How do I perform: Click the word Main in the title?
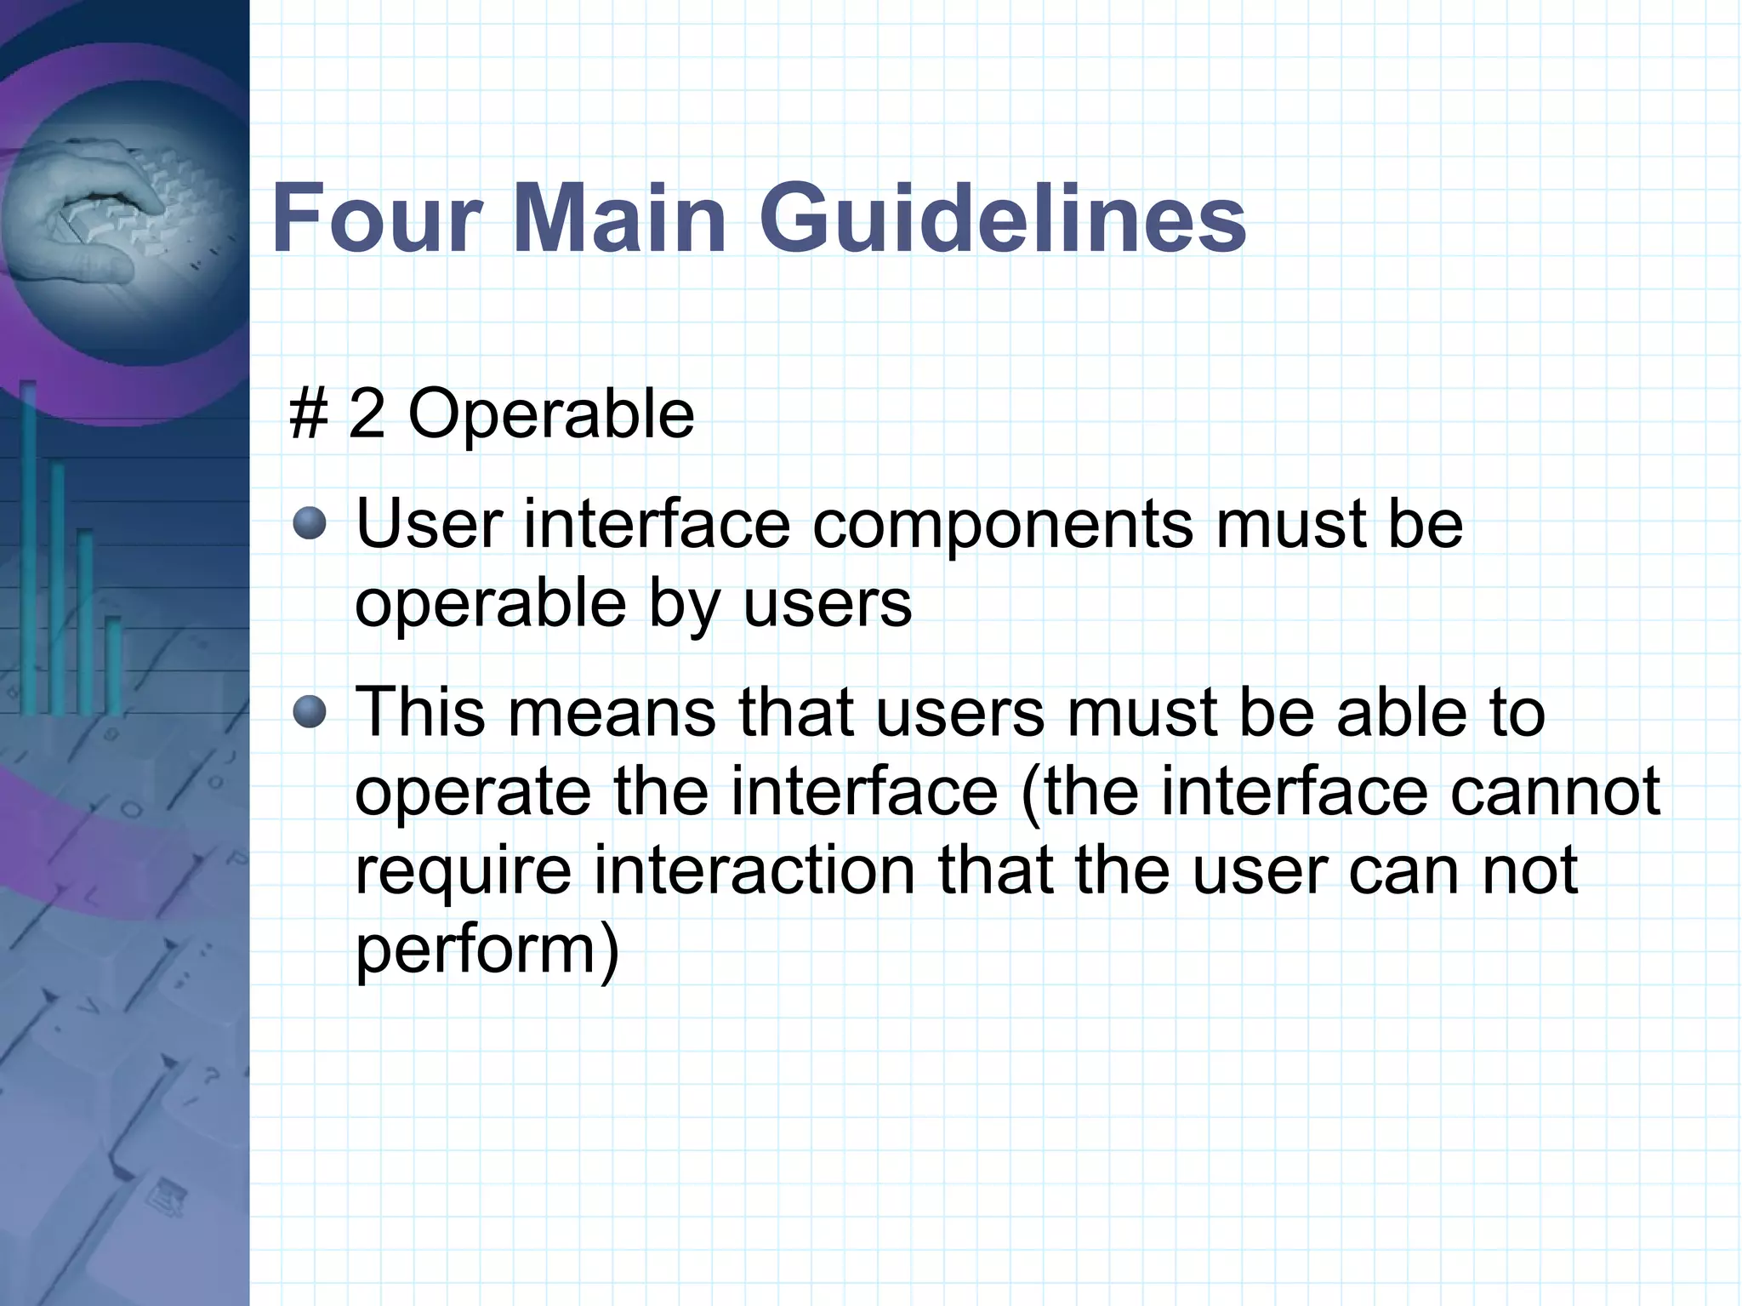click(x=618, y=219)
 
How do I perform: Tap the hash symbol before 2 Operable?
click(x=308, y=414)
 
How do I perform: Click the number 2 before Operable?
click(x=367, y=414)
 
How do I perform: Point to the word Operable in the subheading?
click(x=551, y=414)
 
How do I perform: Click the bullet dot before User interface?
click(x=310, y=524)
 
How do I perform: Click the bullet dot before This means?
click(x=310, y=712)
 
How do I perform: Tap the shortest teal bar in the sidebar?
click(x=113, y=664)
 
